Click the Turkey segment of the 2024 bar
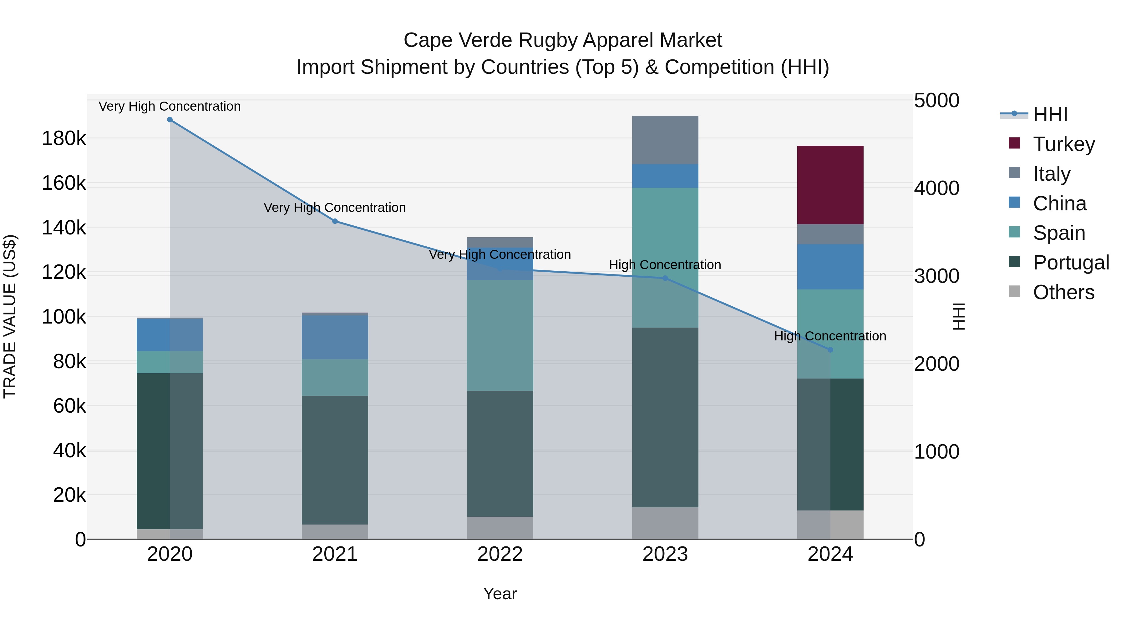click(x=830, y=185)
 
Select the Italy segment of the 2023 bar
click(x=665, y=140)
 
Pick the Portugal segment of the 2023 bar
click(x=665, y=417)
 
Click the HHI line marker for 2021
click(x=335, y=221)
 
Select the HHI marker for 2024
click(x=830, y=349)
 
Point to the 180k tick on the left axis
click(x=64, y=138)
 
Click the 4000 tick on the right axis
click(x=936, y=188)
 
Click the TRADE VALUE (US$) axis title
click(x=10, y=316)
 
